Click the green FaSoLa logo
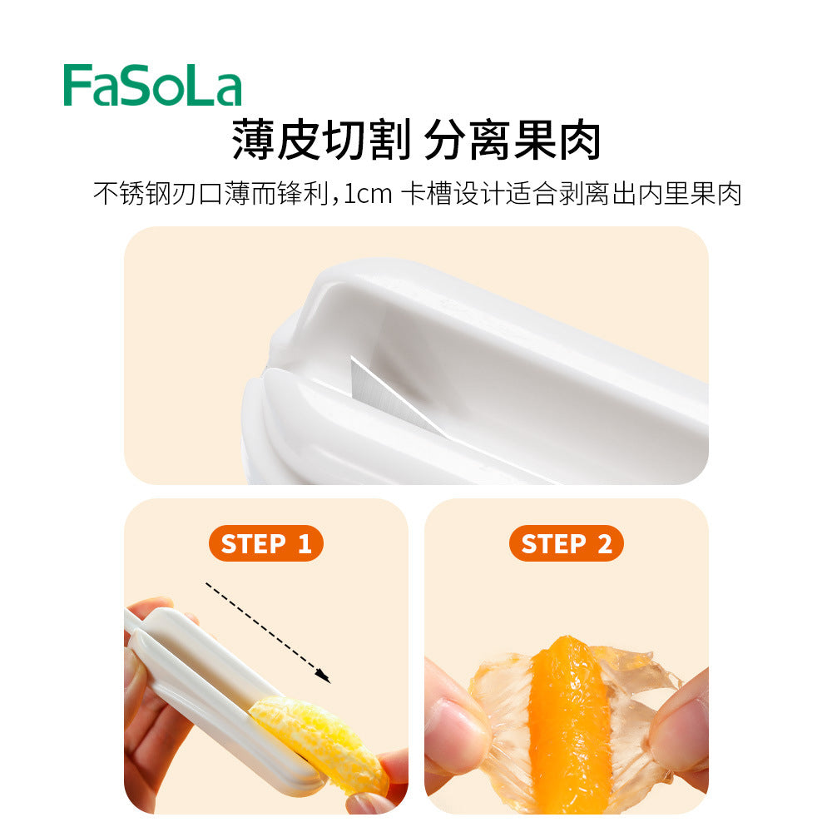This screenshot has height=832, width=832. point(152,86)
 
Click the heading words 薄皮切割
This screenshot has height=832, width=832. point(320,139)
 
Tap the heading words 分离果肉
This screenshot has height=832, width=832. point(512,139)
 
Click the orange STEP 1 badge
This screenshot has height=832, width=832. point(265,544)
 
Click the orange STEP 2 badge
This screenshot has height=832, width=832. point(566,544)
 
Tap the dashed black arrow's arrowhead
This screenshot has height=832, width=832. point(325,678)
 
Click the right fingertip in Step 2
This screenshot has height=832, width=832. point(682,732)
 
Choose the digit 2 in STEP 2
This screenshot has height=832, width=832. point(604,544)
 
